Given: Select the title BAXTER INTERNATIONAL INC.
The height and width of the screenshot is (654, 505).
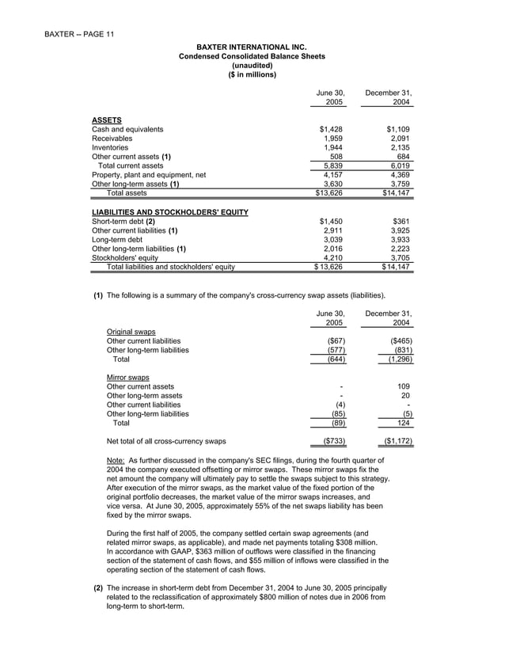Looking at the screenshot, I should point(252,48).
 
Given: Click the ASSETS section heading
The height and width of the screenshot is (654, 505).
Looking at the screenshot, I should point(107,120).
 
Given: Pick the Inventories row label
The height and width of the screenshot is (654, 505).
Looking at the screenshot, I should point(110,147).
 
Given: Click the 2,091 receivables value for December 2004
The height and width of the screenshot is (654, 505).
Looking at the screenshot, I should point(400,138).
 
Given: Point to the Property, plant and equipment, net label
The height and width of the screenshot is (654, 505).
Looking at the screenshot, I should point(149,174).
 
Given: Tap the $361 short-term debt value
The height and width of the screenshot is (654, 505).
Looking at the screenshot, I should point(402,222).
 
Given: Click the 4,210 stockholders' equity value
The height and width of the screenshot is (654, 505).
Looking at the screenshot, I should point(332,258).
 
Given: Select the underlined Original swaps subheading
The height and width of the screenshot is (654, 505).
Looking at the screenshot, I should point(131,331).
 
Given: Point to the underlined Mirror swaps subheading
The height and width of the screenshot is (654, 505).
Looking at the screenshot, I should point(127,378).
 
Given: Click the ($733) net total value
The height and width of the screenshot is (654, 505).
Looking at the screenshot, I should point(328,441).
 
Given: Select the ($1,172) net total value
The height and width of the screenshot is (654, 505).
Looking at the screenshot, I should point(397,441).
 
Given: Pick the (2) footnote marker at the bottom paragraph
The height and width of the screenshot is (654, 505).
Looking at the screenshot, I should point(98,588).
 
